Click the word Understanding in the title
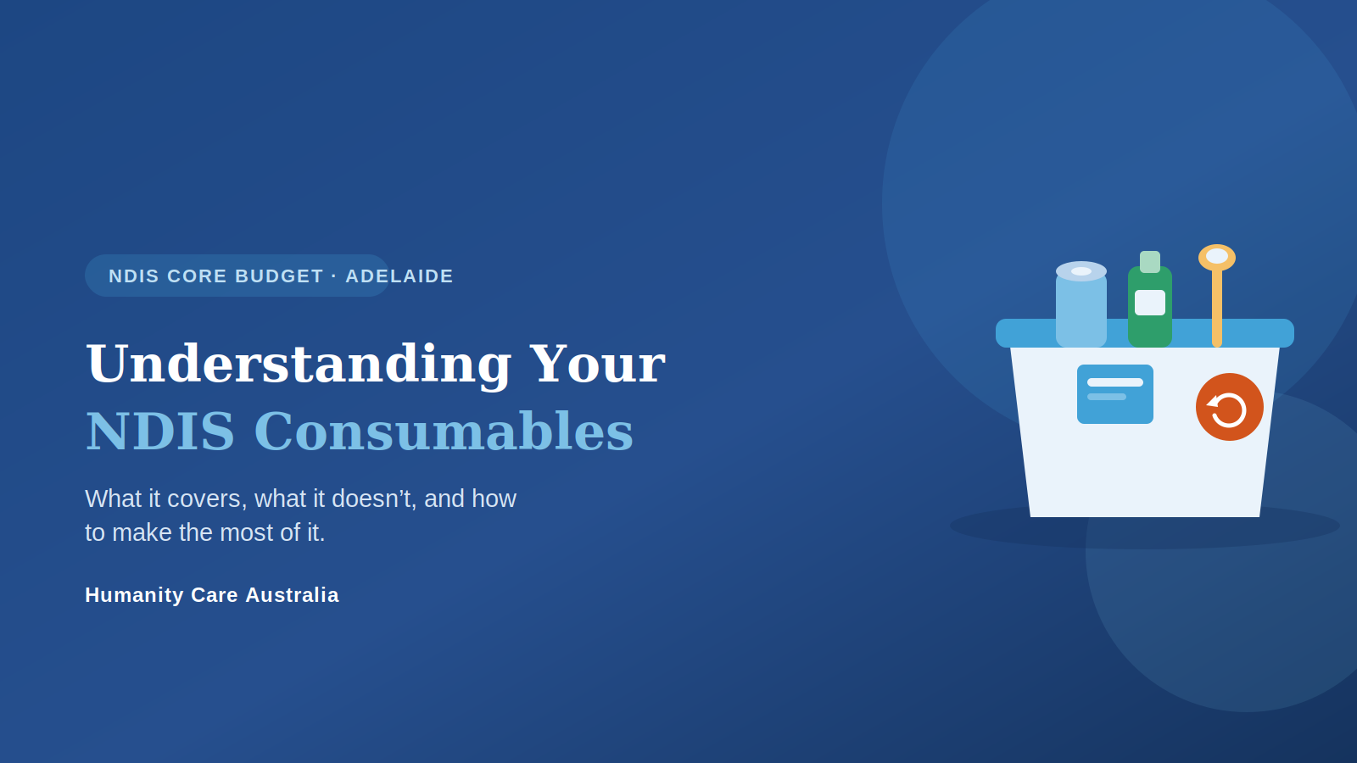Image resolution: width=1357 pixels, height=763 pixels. point(299,365)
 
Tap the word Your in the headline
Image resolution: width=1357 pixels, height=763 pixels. point(597,364)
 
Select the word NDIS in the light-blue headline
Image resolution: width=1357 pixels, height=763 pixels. point(160,432)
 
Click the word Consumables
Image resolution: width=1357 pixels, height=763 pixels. point(444,432)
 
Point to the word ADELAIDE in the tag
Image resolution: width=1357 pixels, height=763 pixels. point(399,276)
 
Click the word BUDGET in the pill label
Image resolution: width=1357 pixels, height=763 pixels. point(279,276)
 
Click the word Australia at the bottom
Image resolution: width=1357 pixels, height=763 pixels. point(292,594)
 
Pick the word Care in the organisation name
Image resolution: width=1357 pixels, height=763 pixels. point(215,594)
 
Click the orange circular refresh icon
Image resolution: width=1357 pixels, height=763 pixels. point(1229,407)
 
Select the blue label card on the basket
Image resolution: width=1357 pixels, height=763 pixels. point(1114,394)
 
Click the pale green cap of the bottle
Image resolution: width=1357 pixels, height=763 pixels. point(1150,262)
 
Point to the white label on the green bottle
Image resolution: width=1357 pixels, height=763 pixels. point(1150,303)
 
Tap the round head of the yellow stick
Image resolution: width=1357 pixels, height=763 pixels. point(1216,258)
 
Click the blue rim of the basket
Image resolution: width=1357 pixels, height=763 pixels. point(1144,333)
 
